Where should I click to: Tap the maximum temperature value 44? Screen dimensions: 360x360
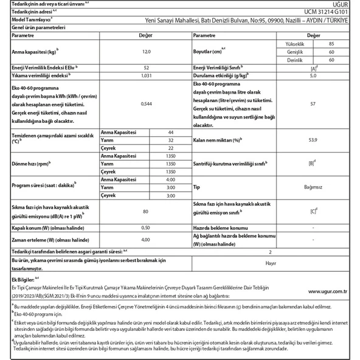pos(170,133)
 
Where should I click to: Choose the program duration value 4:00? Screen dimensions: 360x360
pos(170,180)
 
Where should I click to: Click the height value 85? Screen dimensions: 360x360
pos(330,44)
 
